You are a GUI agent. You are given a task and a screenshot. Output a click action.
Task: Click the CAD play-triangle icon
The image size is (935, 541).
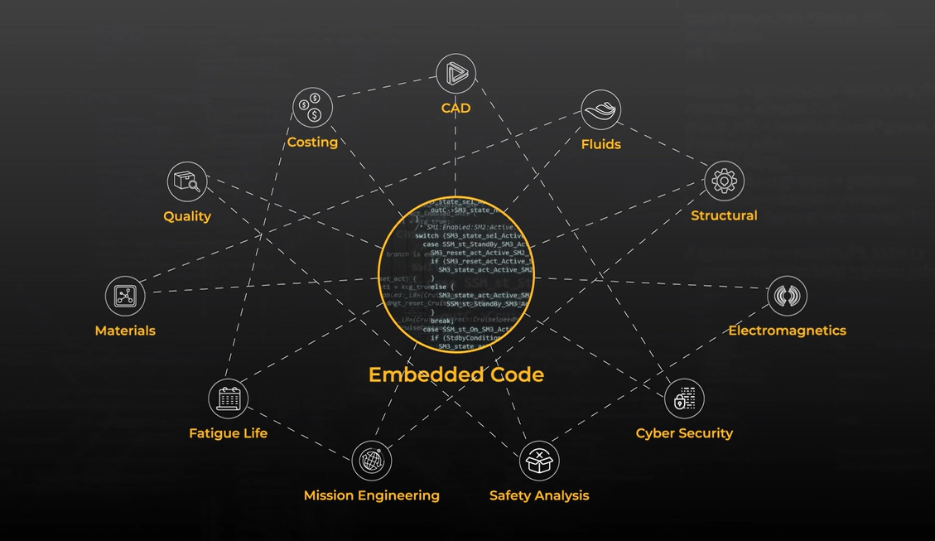coord(455,74)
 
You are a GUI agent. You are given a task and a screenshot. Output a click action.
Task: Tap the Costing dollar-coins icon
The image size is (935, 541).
coord(312,107)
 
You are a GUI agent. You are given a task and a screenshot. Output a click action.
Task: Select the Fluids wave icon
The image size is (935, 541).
coord(600,110)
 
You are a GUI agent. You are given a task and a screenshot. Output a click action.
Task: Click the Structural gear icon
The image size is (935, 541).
coord(724,181)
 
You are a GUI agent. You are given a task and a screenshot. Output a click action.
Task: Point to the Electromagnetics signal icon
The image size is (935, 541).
coord(787,296)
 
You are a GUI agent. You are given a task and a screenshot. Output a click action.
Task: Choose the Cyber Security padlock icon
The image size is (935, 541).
coord(684,399)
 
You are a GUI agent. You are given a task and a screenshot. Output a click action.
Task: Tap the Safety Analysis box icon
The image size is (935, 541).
coord(539,461)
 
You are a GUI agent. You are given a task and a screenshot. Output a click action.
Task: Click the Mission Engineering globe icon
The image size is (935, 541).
coord(372,460)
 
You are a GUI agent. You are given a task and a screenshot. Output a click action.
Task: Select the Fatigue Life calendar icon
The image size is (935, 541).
coord(228,399)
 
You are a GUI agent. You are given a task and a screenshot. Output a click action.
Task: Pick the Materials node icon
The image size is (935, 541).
coord(125,296)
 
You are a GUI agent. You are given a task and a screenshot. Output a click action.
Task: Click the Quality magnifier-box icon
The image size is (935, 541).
coord(187,181)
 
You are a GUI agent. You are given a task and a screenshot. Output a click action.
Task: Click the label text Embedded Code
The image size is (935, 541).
coord(455,374)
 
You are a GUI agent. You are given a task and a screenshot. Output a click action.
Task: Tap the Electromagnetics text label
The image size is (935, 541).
coord(787,331)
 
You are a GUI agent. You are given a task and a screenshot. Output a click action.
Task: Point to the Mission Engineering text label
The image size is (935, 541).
coord(371,495)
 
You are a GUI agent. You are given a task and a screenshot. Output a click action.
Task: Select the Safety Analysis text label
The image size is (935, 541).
coord(539,495)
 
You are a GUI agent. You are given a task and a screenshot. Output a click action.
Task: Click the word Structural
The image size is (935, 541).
coord(724,215)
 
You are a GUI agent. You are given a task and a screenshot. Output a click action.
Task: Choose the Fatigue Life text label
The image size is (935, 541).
coord(228,433)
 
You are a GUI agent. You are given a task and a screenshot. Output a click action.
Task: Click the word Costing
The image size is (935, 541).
coord(312,142)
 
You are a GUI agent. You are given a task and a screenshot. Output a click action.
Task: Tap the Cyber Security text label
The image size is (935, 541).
coord(684,433)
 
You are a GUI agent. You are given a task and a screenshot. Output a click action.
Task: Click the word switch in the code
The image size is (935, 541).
coord(427,236)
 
